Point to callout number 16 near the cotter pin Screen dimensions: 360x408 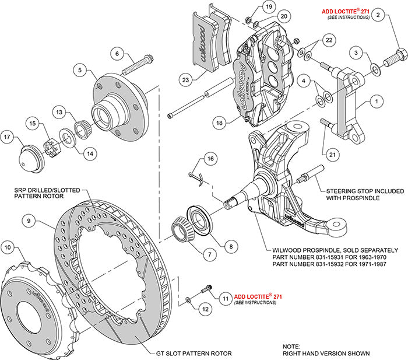[209, 158]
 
